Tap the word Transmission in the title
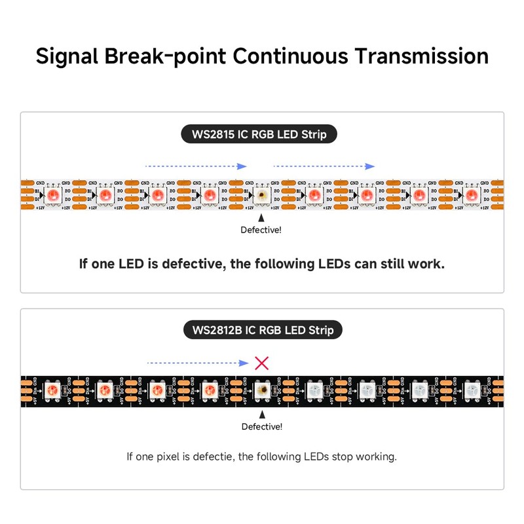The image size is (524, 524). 422,56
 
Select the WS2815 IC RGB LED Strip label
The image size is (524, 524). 262,135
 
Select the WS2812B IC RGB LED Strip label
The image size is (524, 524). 262,329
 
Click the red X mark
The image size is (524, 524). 261,362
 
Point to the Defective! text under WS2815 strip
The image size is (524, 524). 261,230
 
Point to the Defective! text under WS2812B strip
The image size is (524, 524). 262,426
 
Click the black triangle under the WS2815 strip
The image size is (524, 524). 261,217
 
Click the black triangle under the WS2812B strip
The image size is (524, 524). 262,414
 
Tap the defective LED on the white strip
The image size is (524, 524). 262,195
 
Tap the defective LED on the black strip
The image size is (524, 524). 262,390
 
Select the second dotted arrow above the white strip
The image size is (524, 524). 324,166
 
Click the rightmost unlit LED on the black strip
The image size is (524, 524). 470,390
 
